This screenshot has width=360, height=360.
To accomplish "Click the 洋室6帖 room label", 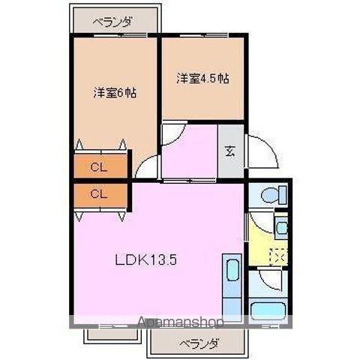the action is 115,93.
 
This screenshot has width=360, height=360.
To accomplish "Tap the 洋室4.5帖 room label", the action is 202,79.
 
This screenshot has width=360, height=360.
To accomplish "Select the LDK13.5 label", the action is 146,260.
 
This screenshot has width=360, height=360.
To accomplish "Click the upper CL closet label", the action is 99,167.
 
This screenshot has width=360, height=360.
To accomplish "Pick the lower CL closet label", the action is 99,193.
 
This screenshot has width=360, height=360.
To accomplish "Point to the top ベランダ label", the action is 112,22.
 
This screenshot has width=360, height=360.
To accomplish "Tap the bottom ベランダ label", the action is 199,344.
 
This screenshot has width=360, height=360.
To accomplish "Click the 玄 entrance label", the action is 230,151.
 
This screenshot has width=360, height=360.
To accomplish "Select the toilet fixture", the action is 274,195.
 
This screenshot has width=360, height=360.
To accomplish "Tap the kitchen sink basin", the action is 232,270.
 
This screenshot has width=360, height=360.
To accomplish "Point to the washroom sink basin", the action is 282,226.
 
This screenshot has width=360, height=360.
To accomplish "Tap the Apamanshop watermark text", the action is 181,322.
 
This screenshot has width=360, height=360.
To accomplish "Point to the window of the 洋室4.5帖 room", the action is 204,35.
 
